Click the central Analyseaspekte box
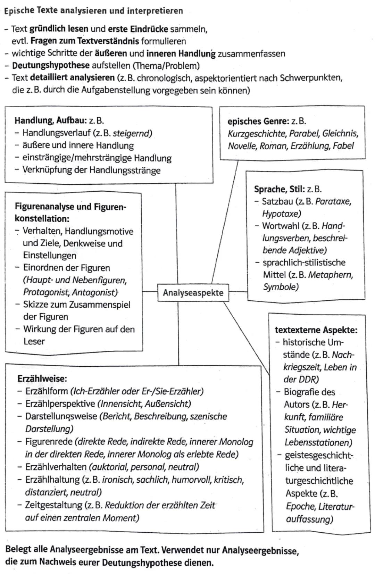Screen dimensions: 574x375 point(193,292)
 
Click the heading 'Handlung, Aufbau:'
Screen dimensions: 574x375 point(50,120)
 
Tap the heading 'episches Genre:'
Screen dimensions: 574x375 point(258,121)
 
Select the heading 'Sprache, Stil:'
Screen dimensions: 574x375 point(279,189)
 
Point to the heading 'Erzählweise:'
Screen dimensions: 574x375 point(42,378)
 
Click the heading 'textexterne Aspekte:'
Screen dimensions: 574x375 point(316,330)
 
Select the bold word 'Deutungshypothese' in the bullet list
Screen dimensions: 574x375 point(51,66)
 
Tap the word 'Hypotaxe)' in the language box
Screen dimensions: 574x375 point(281,214)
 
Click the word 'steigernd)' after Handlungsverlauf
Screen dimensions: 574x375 point(133,133)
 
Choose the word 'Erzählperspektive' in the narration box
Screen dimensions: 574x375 point(60,404)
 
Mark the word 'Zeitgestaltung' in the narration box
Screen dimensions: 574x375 point(54,505)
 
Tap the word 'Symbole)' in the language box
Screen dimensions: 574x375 point(281,287)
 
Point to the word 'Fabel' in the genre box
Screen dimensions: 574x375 point(343,145)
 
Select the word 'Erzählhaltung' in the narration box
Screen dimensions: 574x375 point(52,480)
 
